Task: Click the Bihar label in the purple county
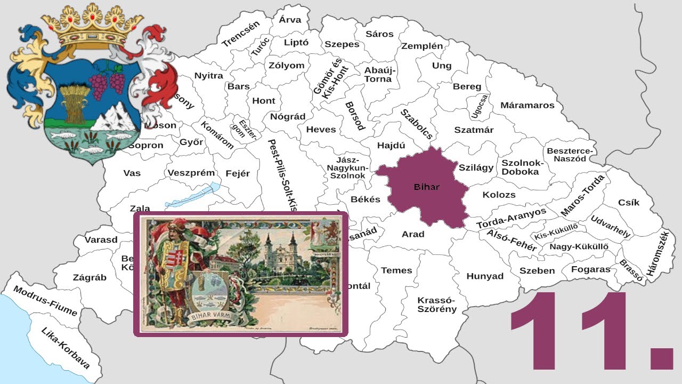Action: pos(427,187)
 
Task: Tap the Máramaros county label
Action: pos(527,105)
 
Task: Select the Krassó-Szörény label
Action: pos(437,304)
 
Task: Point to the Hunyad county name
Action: pos(485,276)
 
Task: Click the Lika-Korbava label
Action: pos(66,348)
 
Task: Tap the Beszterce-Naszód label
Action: pos(570,155)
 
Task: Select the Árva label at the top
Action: pos(290,20)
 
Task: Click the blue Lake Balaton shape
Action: pos(192,197)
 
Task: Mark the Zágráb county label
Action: pos(90,277)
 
